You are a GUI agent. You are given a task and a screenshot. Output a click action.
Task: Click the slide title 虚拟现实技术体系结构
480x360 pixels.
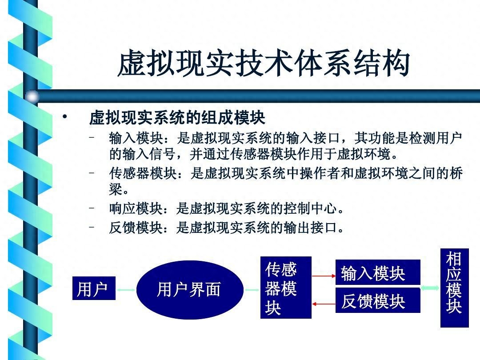point(264,64)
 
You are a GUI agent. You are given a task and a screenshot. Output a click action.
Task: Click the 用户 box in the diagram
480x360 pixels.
point(94,288)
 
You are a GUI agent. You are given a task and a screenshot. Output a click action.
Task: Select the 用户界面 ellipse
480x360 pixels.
point(190,290)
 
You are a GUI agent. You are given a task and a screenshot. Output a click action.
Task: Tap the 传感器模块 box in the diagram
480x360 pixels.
point(286,288)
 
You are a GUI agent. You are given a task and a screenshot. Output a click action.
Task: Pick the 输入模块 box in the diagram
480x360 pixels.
point(378,272)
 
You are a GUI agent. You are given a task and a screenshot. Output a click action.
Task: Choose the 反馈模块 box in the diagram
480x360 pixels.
point(378,300)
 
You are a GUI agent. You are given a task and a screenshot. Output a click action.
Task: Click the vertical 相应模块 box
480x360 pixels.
point(455,288)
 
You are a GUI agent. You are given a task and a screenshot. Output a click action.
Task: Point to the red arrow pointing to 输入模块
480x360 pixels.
point(324,276)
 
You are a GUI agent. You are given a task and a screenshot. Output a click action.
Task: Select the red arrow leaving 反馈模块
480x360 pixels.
point(324,304)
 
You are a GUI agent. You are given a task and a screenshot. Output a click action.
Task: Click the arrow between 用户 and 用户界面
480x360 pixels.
point(126,290)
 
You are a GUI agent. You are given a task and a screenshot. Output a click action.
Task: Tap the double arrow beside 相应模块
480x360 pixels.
point(430,288)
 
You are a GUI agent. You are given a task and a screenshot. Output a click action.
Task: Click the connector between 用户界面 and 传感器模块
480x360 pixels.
point(252,290)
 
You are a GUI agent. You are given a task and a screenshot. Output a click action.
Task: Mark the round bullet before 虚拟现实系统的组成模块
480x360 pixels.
point(64,116)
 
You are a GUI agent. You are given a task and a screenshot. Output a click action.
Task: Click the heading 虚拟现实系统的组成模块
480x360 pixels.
point(177,117)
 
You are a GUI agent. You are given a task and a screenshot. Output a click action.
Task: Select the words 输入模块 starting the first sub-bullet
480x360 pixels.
point(136,138)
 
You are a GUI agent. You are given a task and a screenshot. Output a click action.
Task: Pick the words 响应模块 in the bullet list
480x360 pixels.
point(136,209)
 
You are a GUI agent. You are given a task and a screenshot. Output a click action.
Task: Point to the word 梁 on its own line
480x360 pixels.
point(116,189)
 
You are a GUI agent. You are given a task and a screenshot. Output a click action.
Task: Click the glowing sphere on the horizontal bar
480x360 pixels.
point(32,97)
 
